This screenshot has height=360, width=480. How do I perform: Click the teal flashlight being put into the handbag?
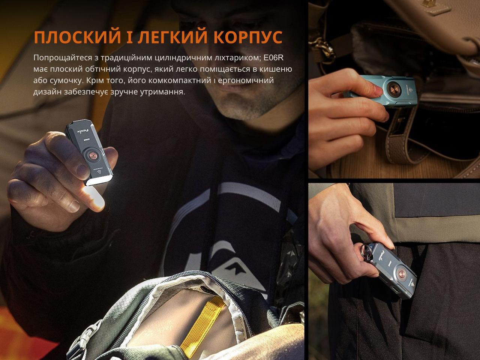(x=386, y=91)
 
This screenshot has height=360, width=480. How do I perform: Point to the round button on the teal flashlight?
(x=394, y=90)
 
